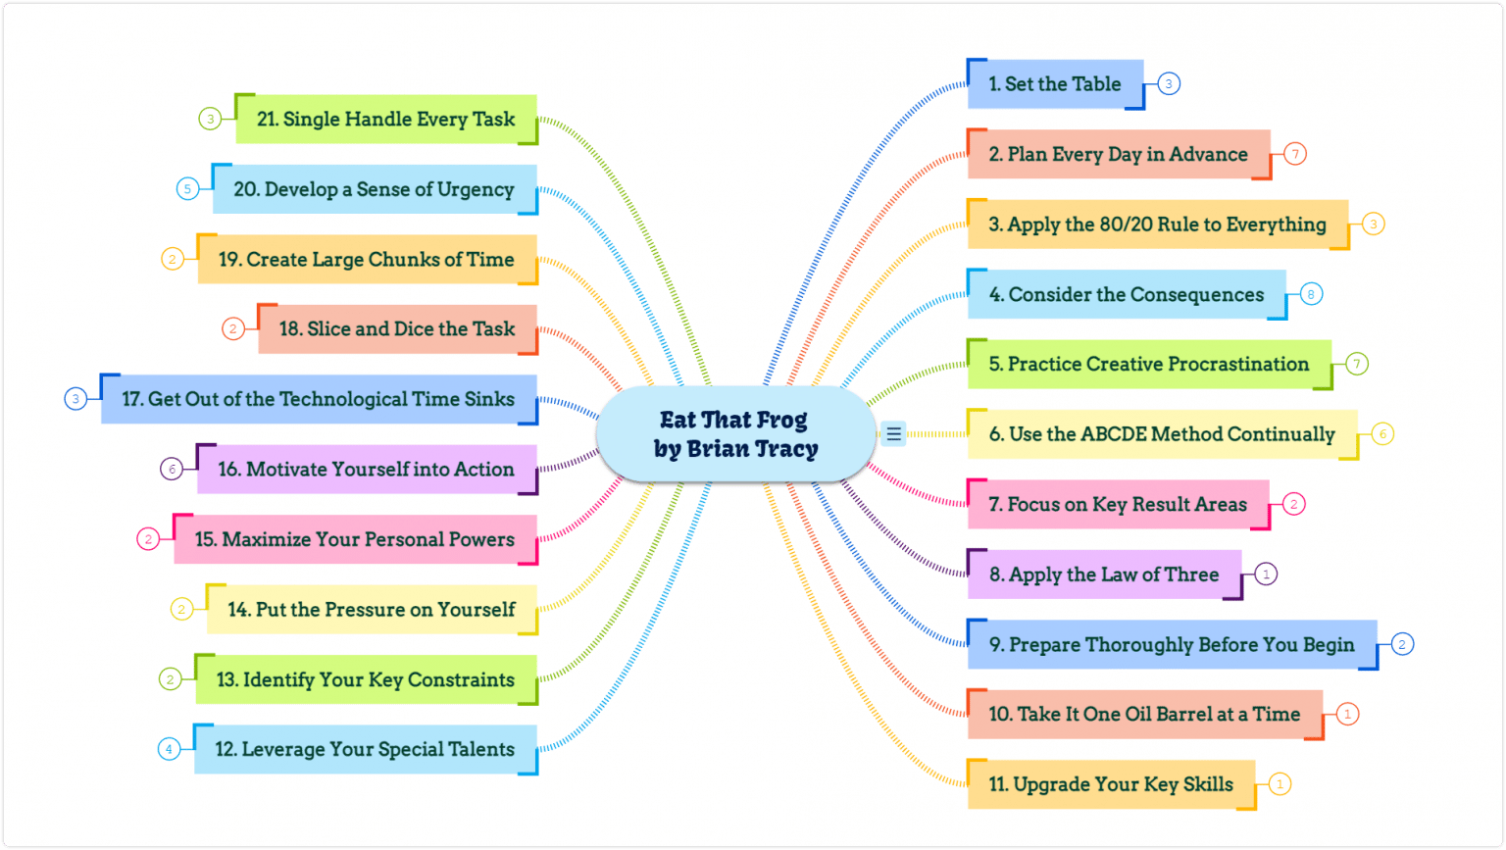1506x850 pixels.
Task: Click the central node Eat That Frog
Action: click(x=735, y=433)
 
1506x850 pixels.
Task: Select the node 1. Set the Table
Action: click(x=1055, y=84)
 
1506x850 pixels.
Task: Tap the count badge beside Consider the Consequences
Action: click(x=1311, y=293)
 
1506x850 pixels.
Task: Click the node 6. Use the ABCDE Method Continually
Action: click(x=1162, y=434)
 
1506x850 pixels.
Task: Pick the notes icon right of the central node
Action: click(x=893, y=433)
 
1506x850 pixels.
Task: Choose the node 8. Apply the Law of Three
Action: click(x=1104, y=575)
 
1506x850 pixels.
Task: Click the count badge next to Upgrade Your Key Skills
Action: click(x=1280, y=783)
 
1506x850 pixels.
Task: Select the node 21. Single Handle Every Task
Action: click(x=385, y=120)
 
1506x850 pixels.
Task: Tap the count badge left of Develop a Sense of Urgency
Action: click(x=187, y=189)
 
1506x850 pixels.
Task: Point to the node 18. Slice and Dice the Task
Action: click(x=397, y=329)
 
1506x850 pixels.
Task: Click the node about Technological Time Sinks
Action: click(x=319, y=399)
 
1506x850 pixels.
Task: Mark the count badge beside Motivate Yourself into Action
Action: click(x=172, y=469)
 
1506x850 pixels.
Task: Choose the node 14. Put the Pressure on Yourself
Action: click(x=372, y=610)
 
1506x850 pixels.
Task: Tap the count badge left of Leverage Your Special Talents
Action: click(x=169, y=749)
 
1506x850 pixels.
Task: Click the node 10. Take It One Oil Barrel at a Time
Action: click(x=1144, y=715)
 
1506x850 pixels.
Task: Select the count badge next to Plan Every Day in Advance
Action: click(x=1295, y=154)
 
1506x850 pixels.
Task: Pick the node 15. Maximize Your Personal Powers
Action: click(x=355, y=539)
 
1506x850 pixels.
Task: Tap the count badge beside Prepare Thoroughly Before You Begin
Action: click(x=1402, y=644)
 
